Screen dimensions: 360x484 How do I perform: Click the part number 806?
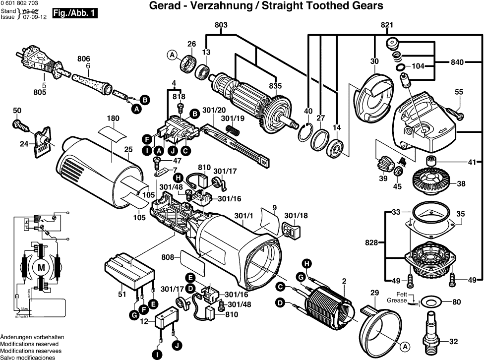83,59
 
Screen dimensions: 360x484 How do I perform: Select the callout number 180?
113,119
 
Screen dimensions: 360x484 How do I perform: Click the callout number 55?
459,92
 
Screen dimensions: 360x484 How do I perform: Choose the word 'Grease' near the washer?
397,300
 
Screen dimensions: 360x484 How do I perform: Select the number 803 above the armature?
221,25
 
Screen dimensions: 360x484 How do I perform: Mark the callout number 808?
168,257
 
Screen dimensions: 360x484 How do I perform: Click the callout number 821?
387,25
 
